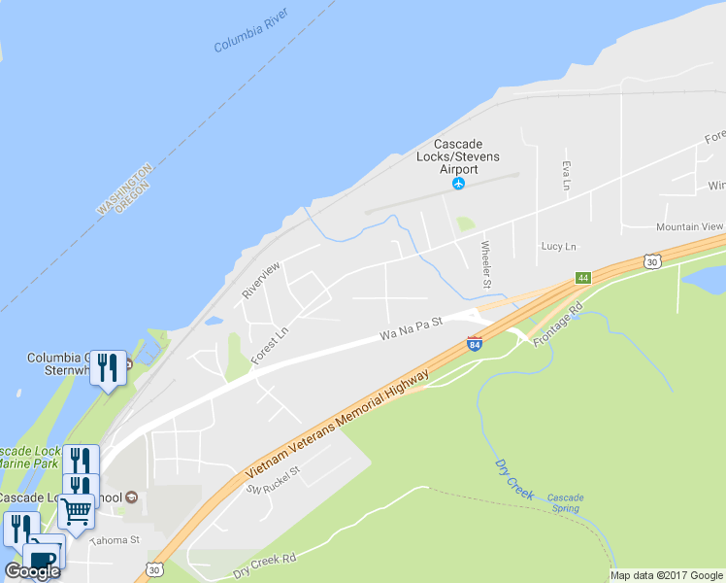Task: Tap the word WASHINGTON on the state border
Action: coord(119,189)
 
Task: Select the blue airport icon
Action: coord(459,184)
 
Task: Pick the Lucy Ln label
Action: coord(558,247)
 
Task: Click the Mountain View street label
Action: coord(689,226)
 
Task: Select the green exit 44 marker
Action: coord(582,277)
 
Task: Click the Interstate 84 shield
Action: coord(474,343)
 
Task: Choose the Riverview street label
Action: coord(262,279)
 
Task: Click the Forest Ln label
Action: coord(270,345)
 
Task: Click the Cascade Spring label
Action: coord(565,503)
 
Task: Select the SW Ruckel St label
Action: coord(275,478)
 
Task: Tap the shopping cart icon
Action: coord(77,507)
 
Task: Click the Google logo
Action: coord(32,571)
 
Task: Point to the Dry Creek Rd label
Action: coord(263,563)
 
